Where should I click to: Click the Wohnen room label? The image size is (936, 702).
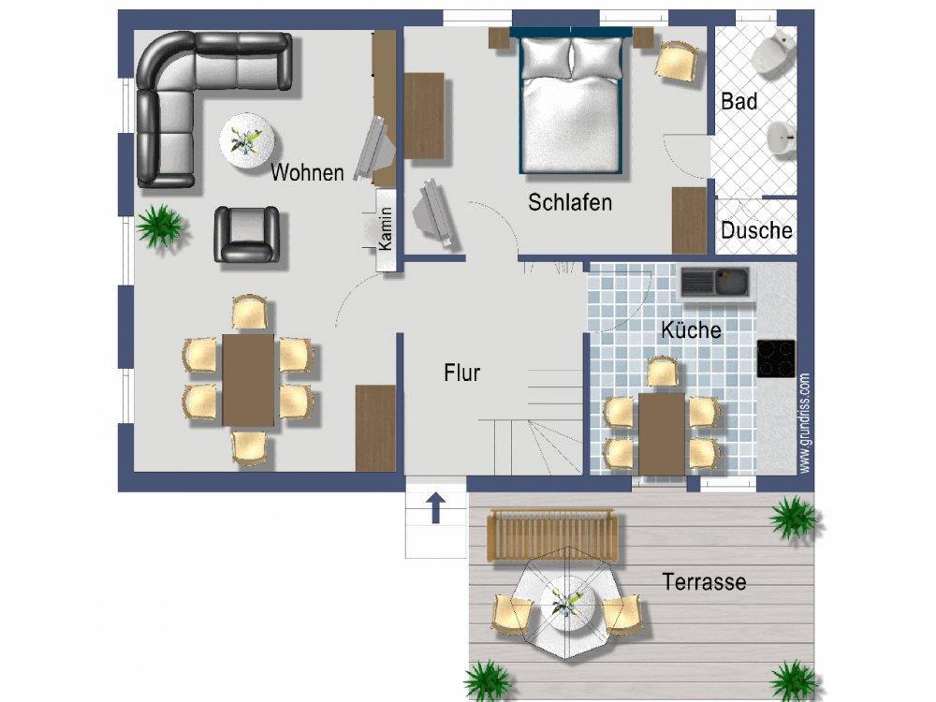coord(307,172)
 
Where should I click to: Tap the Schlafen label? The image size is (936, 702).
coord(570,202)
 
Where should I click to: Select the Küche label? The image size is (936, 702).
coord(691,329)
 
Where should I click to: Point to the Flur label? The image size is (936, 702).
coord(462,373)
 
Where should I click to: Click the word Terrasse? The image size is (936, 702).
coord(705,581)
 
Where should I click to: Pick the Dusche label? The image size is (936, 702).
coord(756,230)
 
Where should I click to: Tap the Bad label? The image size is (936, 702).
coord(739,101)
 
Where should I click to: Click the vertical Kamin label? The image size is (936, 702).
coord(386,228)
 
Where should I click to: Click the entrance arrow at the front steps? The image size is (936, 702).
coord(436,508)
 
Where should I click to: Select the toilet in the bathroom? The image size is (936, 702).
coord(774,52)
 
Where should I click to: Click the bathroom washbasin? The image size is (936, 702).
coord(782,139)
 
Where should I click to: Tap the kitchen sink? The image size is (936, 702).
coord(715,282)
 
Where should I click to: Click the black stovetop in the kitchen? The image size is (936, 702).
coord(776,358)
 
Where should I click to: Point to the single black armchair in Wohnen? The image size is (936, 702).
coord(247,234)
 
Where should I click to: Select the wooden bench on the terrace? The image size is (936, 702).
coord(552,534)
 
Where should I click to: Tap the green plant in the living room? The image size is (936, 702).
coord(160,227)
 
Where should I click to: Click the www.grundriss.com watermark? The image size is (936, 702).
coord(805,423)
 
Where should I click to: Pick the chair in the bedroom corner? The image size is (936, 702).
coord(677,60)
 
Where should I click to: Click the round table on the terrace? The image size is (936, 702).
coord(567,604)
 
